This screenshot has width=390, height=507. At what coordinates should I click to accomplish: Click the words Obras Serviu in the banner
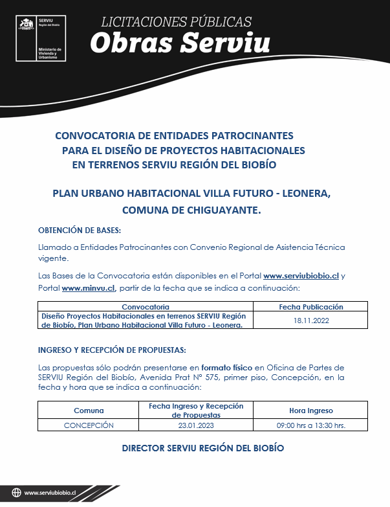(x=180, y=43)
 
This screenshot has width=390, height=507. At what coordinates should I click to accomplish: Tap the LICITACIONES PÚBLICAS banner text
(x=176, y=22)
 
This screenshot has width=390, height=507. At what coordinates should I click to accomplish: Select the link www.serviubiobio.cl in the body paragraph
(x=301, y=276)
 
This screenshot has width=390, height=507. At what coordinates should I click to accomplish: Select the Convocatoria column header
(x=146, y=307)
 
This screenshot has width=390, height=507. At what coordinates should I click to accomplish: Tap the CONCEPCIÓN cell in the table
(x=89, y=425)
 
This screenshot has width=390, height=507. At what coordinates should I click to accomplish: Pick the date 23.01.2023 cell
(x=195, y=425)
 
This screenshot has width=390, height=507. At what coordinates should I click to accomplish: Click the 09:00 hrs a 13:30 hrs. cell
(x=310, y=425)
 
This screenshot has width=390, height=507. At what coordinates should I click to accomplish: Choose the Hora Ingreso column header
(x=310, y=411)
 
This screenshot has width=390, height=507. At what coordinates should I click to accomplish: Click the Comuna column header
(x=89, y=411)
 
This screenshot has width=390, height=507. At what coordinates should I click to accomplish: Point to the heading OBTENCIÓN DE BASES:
(x=80, y=231)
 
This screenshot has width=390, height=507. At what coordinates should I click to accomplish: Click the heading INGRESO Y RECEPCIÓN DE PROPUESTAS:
(x=112, y=350)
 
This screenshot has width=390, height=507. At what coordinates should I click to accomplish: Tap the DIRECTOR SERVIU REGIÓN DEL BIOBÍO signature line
(x=202, y=448)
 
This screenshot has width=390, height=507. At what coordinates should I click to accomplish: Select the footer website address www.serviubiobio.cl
(x=50, y=493)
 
